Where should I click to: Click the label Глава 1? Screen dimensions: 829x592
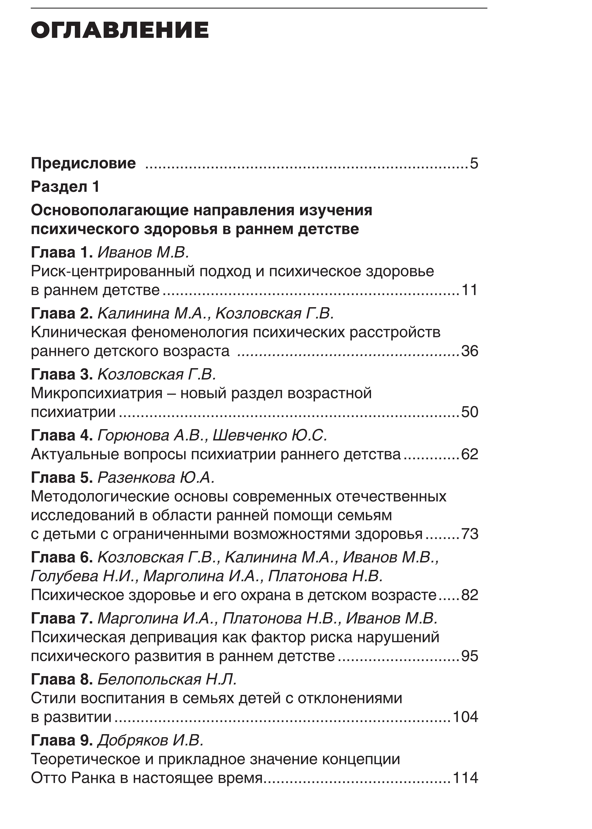pyautogui.click(x=62, y=252)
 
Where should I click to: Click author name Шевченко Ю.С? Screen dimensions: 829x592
pyautogui.click(x=270, y=435)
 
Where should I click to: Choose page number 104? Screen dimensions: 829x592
pyautogui.click(x=465, y=717)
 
